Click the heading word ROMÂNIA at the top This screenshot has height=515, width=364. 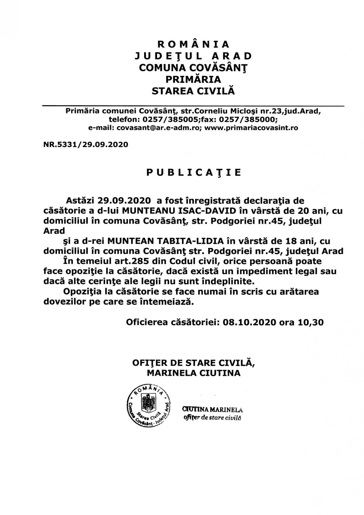coord(193,45)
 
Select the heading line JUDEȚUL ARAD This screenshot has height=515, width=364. coord(193,56)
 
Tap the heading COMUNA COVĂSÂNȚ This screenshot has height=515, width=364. coord(193,68)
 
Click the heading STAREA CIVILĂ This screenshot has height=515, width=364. coord(193,91)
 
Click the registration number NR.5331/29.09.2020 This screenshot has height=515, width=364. coord(85,145)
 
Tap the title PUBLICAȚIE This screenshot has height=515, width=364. coord(194,172)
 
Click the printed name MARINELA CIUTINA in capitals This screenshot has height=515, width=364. coord(193,373)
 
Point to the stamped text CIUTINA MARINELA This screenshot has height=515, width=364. coord(212,409)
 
